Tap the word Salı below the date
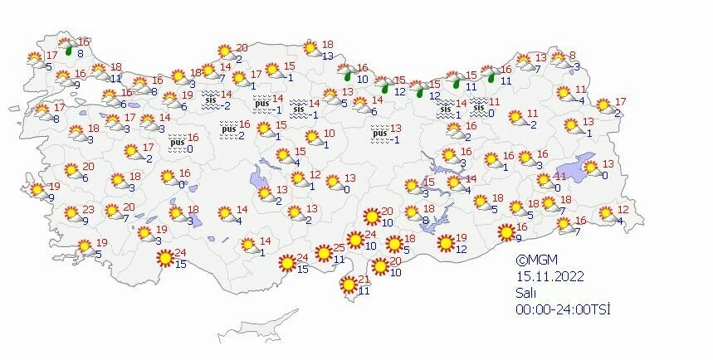524,293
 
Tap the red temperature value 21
364,279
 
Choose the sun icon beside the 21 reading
349,286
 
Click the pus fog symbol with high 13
380,133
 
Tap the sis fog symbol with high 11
478,106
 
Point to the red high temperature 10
329,134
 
